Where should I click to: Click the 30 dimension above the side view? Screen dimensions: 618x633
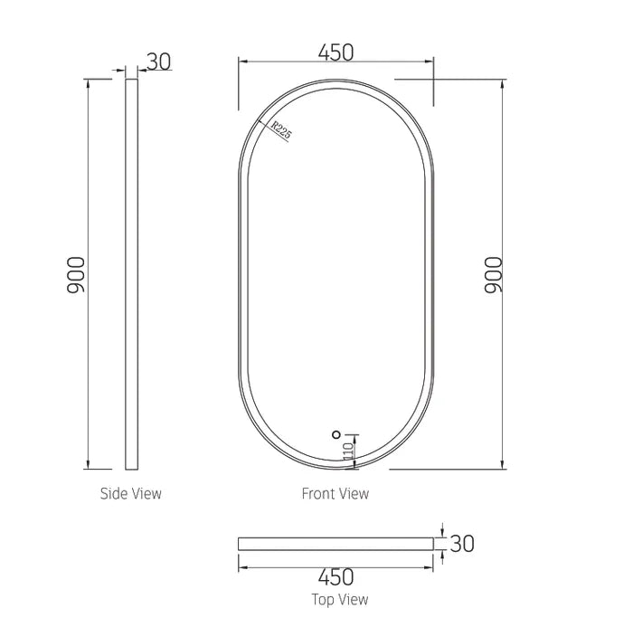[158, 62]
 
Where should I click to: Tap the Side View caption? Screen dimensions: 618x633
[131, 493]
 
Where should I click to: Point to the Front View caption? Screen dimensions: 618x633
[335, 493]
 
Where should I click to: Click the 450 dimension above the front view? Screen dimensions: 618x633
[335, 52]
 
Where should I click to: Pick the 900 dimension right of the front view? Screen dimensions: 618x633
[493, 274]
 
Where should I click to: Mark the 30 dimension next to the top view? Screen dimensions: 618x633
[462, 543]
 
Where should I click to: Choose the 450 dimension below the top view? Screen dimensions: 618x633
[335, 576]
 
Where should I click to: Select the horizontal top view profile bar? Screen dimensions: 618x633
[335, 543]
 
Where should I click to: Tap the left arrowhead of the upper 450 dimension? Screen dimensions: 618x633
[241, 62]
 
